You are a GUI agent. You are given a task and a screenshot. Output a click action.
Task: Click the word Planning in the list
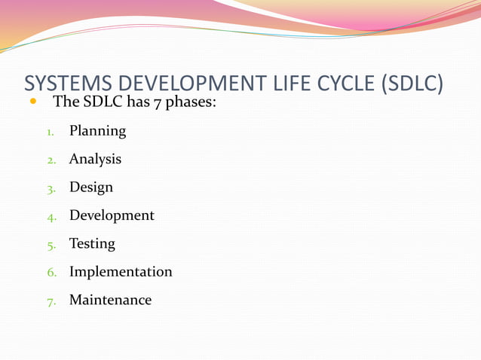click(x=97, y=131)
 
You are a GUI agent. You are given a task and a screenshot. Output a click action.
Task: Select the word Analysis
click(x=95, y=159)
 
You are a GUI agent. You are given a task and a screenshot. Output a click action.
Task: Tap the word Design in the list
click(x=91, y=187)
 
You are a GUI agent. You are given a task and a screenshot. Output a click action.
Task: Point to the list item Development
click(x=112, y=215)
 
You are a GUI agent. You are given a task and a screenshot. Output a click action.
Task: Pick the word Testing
click(x=92, y=244)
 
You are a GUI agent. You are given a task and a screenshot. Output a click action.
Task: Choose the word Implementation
click(x=121, y=272)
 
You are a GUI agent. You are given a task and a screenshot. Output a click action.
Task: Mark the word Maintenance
click(x=110, y=300)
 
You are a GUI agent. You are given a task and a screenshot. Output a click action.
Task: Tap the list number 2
click(x=51, y=160)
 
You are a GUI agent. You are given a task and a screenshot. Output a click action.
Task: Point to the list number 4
click(x=51, y=217)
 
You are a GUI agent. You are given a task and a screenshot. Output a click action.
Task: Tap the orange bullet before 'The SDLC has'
click(x=32, y=100)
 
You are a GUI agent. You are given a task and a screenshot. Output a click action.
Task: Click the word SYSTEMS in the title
click(x=66, y=84)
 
